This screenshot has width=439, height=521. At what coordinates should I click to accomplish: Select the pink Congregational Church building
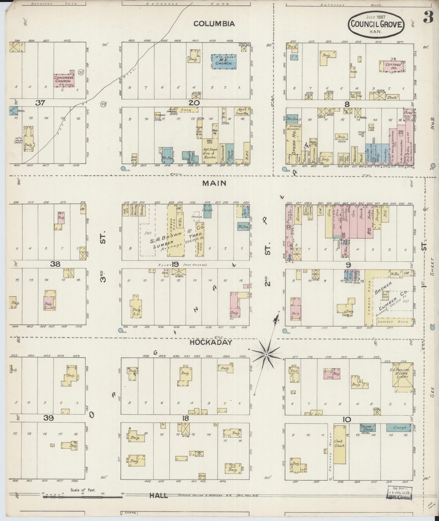tap(63, 80)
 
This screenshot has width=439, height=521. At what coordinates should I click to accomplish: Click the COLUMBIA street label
tap(214, 24)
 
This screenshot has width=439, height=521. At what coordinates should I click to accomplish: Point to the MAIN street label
tap(214, 183)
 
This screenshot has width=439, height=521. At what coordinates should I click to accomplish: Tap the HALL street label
tap(159, 495)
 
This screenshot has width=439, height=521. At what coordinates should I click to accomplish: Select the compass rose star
tap(266, 354)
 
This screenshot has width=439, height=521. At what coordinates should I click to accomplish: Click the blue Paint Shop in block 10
tap(367, 427)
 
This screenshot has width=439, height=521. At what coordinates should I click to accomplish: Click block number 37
tap(40, 103)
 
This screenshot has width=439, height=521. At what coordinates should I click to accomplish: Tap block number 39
tap(48, 418)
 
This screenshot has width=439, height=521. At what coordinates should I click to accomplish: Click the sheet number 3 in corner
tap(428, 18)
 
